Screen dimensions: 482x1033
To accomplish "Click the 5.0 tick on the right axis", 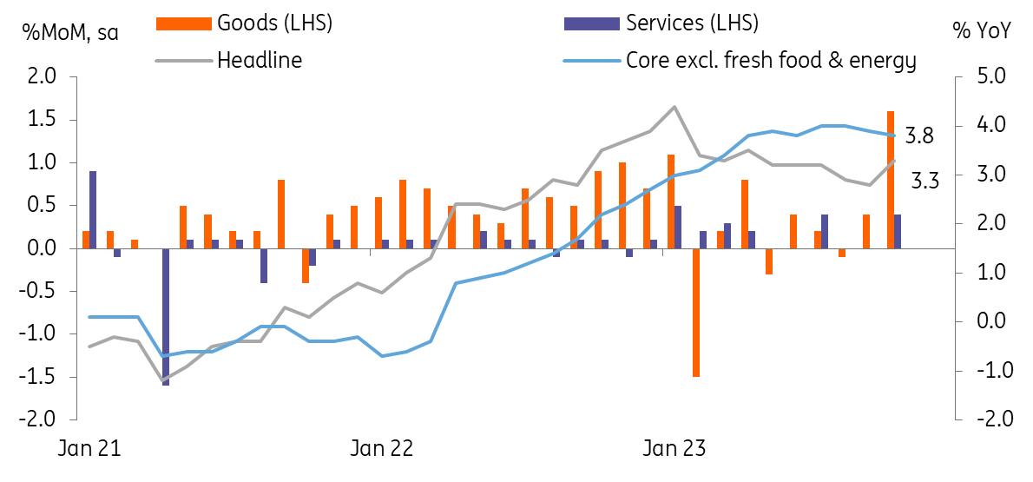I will [990, 77].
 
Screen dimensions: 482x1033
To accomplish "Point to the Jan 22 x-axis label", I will [380, 449].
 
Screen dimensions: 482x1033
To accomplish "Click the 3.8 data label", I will [919, 135].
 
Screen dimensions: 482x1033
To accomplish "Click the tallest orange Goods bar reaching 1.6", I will [891, 180].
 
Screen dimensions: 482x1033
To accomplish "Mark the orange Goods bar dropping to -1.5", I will [696, 313].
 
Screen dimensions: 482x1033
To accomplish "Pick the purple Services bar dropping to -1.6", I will [166, 317].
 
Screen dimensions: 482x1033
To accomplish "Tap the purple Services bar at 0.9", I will [93, 209].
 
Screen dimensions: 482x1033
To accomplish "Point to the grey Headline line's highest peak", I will [674, 107].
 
